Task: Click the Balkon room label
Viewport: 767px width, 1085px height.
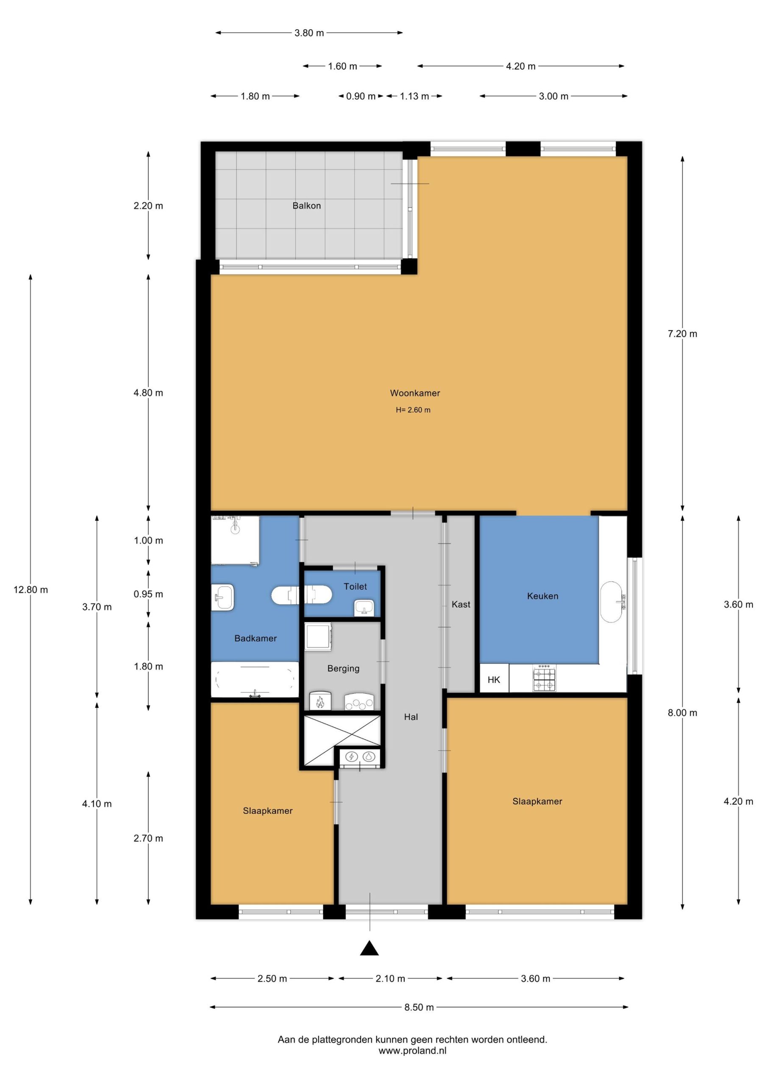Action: pos(306,206)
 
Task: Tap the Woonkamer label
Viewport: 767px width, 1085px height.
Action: pos(414,393)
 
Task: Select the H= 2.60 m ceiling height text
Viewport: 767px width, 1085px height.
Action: pos(413,410)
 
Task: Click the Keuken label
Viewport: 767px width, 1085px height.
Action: pos(542,596)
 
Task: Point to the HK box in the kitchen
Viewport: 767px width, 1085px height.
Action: pos(494,679)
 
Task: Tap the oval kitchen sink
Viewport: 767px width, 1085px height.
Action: pos(611,601)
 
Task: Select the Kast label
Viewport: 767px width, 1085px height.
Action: pos(461,604)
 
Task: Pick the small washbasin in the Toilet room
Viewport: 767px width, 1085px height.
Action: pos(364,607)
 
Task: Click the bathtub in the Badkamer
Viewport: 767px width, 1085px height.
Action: pos(255,679)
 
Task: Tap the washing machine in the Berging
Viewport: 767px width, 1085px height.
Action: pos(319,637)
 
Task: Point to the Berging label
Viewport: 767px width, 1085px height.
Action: pos(343,668)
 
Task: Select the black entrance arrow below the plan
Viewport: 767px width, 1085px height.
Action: pos(370,948)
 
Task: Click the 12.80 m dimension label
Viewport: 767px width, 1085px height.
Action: pos(31,590)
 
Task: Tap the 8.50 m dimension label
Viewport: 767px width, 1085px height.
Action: pos(419,1007)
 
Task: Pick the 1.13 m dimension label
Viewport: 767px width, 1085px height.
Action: pos(414,96)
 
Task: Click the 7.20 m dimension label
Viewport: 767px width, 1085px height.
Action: pos(682,334)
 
